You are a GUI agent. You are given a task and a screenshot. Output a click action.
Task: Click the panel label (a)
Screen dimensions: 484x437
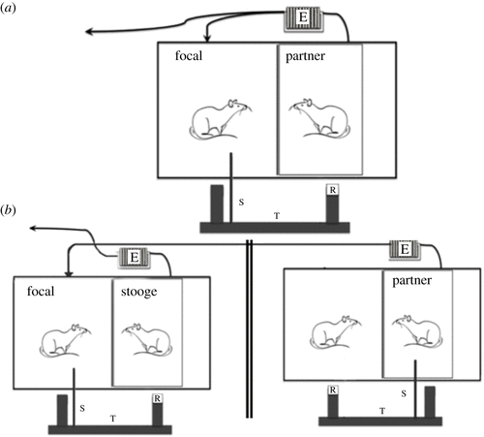(x=9, y=8)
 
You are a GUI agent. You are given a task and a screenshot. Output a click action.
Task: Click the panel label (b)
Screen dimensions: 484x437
(x=9, y=210)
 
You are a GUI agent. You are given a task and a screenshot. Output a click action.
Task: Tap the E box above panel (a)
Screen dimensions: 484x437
(x=303, y=18)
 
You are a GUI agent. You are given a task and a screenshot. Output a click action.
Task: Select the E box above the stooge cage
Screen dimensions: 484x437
(x=135, y=258)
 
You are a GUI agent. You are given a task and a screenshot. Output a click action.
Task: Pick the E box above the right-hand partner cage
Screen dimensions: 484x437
(x=405, y=249)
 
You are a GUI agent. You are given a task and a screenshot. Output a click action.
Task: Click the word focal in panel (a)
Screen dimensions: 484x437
(x=189, y=55)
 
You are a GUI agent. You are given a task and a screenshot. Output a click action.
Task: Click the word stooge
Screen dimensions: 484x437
(x=139, y=292)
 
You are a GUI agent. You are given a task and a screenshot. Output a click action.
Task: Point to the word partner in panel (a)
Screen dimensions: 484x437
(x=305, y=56)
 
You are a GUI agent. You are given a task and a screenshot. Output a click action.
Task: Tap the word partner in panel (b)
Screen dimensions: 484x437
(x=411, y=281)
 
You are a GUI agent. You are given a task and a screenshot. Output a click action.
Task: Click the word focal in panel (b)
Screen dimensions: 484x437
(x=41, y=291)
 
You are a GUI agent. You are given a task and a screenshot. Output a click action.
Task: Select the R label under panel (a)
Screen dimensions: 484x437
(x=333, y=190)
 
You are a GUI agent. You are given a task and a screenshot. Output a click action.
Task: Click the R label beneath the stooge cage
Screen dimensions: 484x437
(x=157, y=398)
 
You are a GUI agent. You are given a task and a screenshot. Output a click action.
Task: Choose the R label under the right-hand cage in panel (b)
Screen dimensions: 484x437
(x=333, y=390)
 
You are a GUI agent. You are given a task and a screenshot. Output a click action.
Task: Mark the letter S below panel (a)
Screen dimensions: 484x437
(x=241, y=203)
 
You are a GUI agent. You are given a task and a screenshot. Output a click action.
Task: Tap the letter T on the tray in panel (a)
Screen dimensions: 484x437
(x=277, y=216)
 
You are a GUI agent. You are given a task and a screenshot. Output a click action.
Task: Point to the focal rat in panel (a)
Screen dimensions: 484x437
(x=221, y=119)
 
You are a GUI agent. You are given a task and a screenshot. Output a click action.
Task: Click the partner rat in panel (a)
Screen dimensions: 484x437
(x=319, y=118)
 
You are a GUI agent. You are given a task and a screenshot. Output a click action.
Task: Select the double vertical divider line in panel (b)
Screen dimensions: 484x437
(x=249, y=328)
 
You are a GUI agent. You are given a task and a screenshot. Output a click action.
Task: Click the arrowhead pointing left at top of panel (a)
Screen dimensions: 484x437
(x=89, y=32)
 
